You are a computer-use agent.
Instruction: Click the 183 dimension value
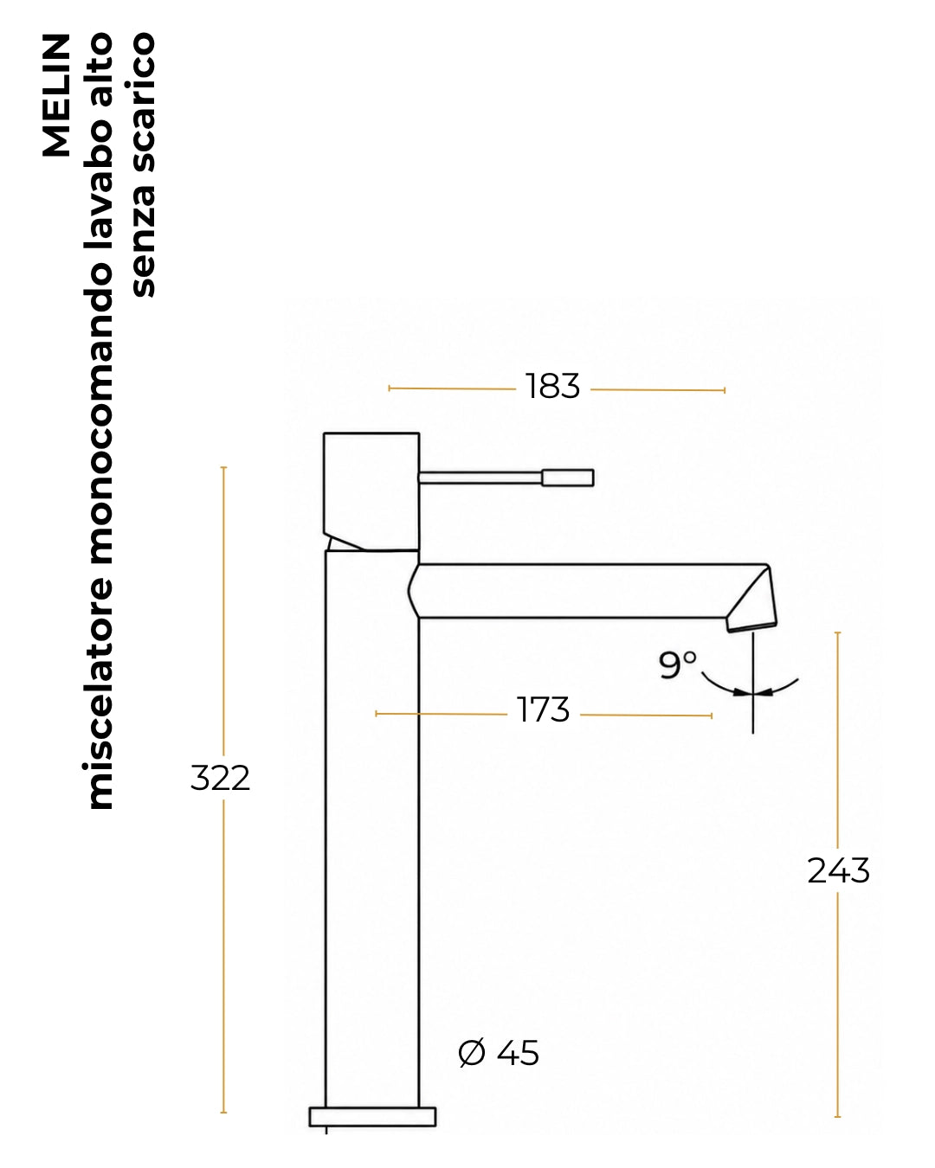pos(552,387)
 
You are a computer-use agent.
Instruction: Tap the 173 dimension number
pos(543,709)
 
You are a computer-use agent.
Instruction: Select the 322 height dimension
pos(220,778)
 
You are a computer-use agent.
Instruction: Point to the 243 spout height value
pos(838,870)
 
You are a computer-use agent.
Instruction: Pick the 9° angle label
pos(677,664)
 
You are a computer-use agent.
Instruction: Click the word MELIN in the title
pos(56,95)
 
